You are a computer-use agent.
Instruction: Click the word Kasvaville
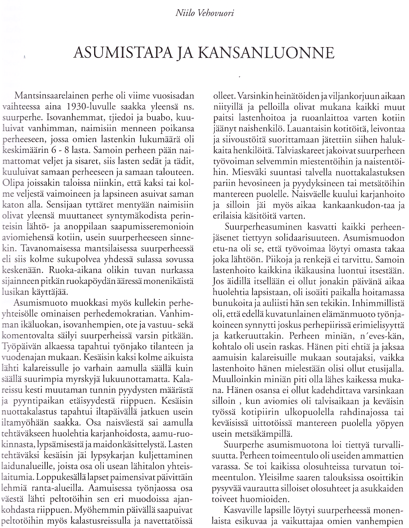click(x=245, y=510)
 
